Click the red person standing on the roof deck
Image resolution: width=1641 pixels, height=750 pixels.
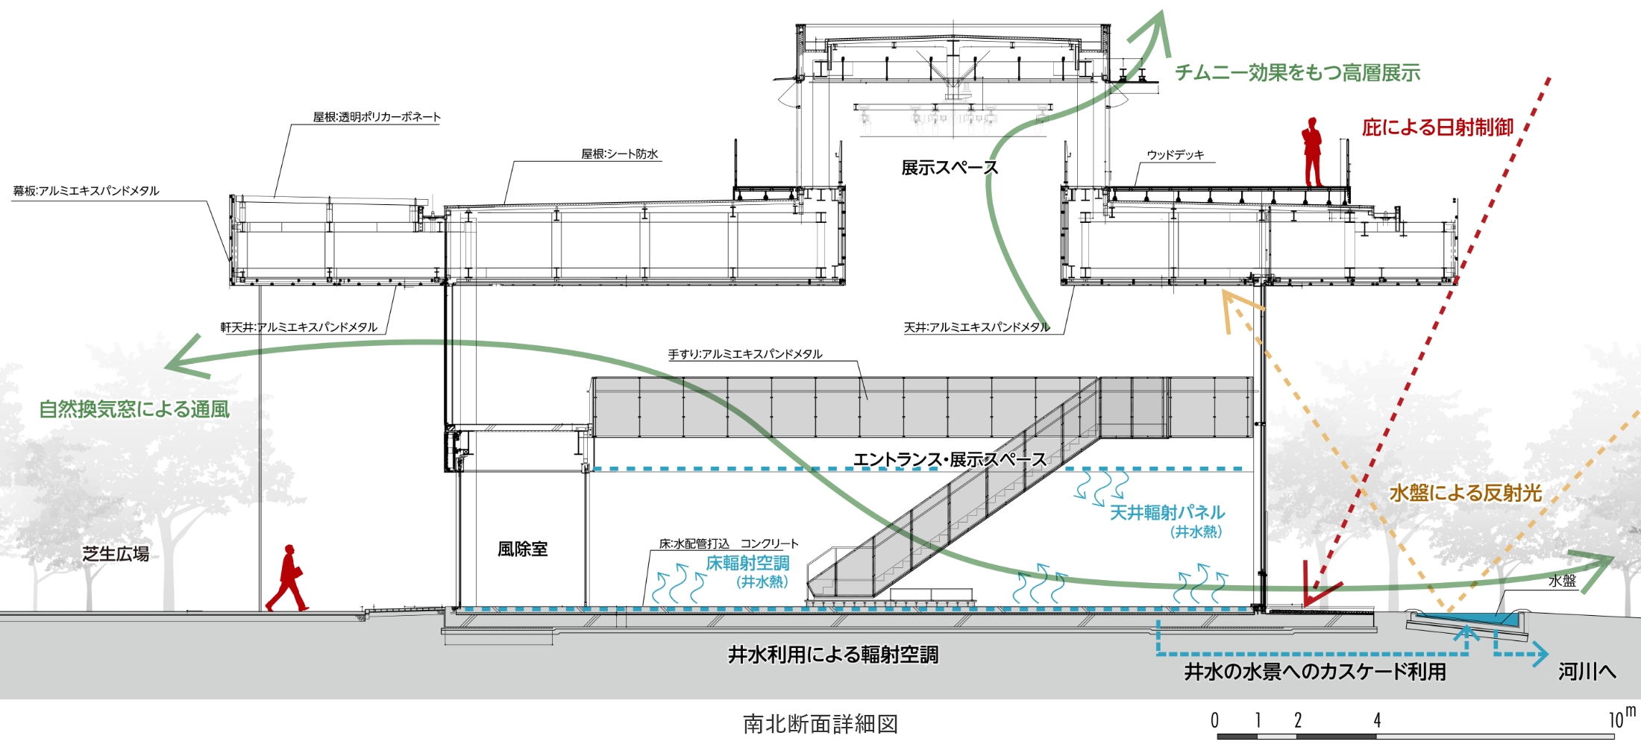coord(1312,151)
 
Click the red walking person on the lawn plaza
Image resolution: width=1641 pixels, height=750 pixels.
coord(288,579)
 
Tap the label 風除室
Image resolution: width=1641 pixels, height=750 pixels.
coord(522,549)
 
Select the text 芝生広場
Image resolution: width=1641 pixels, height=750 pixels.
coord(116,554)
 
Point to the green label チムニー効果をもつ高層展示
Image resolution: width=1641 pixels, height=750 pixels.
coord(1297,73)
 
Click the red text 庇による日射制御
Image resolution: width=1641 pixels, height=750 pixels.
coord(1437,127)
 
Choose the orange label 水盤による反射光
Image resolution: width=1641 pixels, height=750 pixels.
coord(1465,493)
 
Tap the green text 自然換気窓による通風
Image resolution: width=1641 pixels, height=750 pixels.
coord(134,409)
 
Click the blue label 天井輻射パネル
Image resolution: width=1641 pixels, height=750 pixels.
coord(1167,513)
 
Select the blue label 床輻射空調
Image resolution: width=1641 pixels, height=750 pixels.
coord(747,564)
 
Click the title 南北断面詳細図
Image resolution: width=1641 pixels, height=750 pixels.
coord(820,724)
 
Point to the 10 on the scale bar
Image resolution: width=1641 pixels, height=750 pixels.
coord(1616,720)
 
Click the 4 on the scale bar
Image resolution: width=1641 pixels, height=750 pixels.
coord(1377,720)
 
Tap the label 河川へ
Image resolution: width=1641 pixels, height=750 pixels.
coord(1587,672)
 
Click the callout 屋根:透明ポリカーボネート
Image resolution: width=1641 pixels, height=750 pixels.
coord(377,117)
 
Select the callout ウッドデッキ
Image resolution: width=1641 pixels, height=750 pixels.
coord(1176,155)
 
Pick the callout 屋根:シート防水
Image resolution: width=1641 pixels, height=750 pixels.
coord(620,154)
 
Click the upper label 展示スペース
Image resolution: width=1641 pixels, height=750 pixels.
coord(949,168)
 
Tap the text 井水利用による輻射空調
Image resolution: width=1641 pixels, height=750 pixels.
coord(833,655)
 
